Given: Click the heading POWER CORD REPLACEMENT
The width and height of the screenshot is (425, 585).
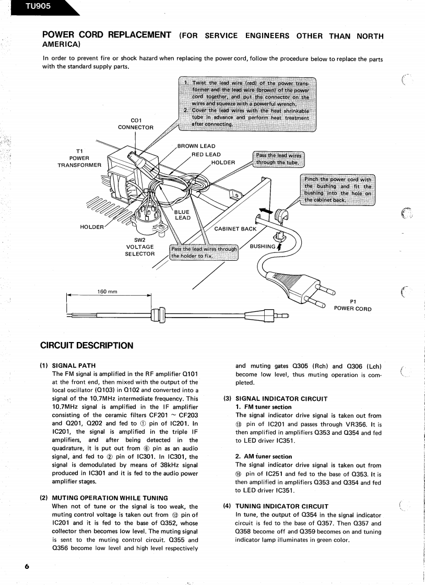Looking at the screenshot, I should [x=107, y=35].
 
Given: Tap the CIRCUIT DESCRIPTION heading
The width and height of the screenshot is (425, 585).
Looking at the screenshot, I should [x=87, y=345].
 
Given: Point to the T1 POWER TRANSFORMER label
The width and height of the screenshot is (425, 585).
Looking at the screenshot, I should [x=79, y=158].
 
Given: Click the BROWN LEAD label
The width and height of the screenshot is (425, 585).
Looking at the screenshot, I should [x=196, y=146].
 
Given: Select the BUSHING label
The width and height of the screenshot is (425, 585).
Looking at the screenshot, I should [x=262, y=246].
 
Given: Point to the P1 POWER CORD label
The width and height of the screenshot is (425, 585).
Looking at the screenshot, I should [x=352, y=305].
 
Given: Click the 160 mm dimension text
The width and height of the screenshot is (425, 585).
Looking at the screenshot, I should [x=108, y=291].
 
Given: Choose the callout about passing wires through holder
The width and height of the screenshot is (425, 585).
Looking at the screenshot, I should [x=204, y=252].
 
